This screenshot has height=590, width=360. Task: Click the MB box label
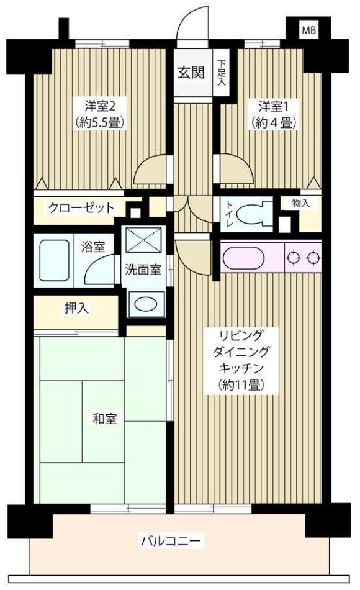[x=308, y=30]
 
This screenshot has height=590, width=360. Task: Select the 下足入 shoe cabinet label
[x=222, y=73]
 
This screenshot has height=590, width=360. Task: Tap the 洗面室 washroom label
[x=143, y=270]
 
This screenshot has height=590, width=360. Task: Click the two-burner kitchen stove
[x=303, y=256]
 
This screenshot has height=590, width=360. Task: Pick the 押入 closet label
[x=74, y=308]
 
